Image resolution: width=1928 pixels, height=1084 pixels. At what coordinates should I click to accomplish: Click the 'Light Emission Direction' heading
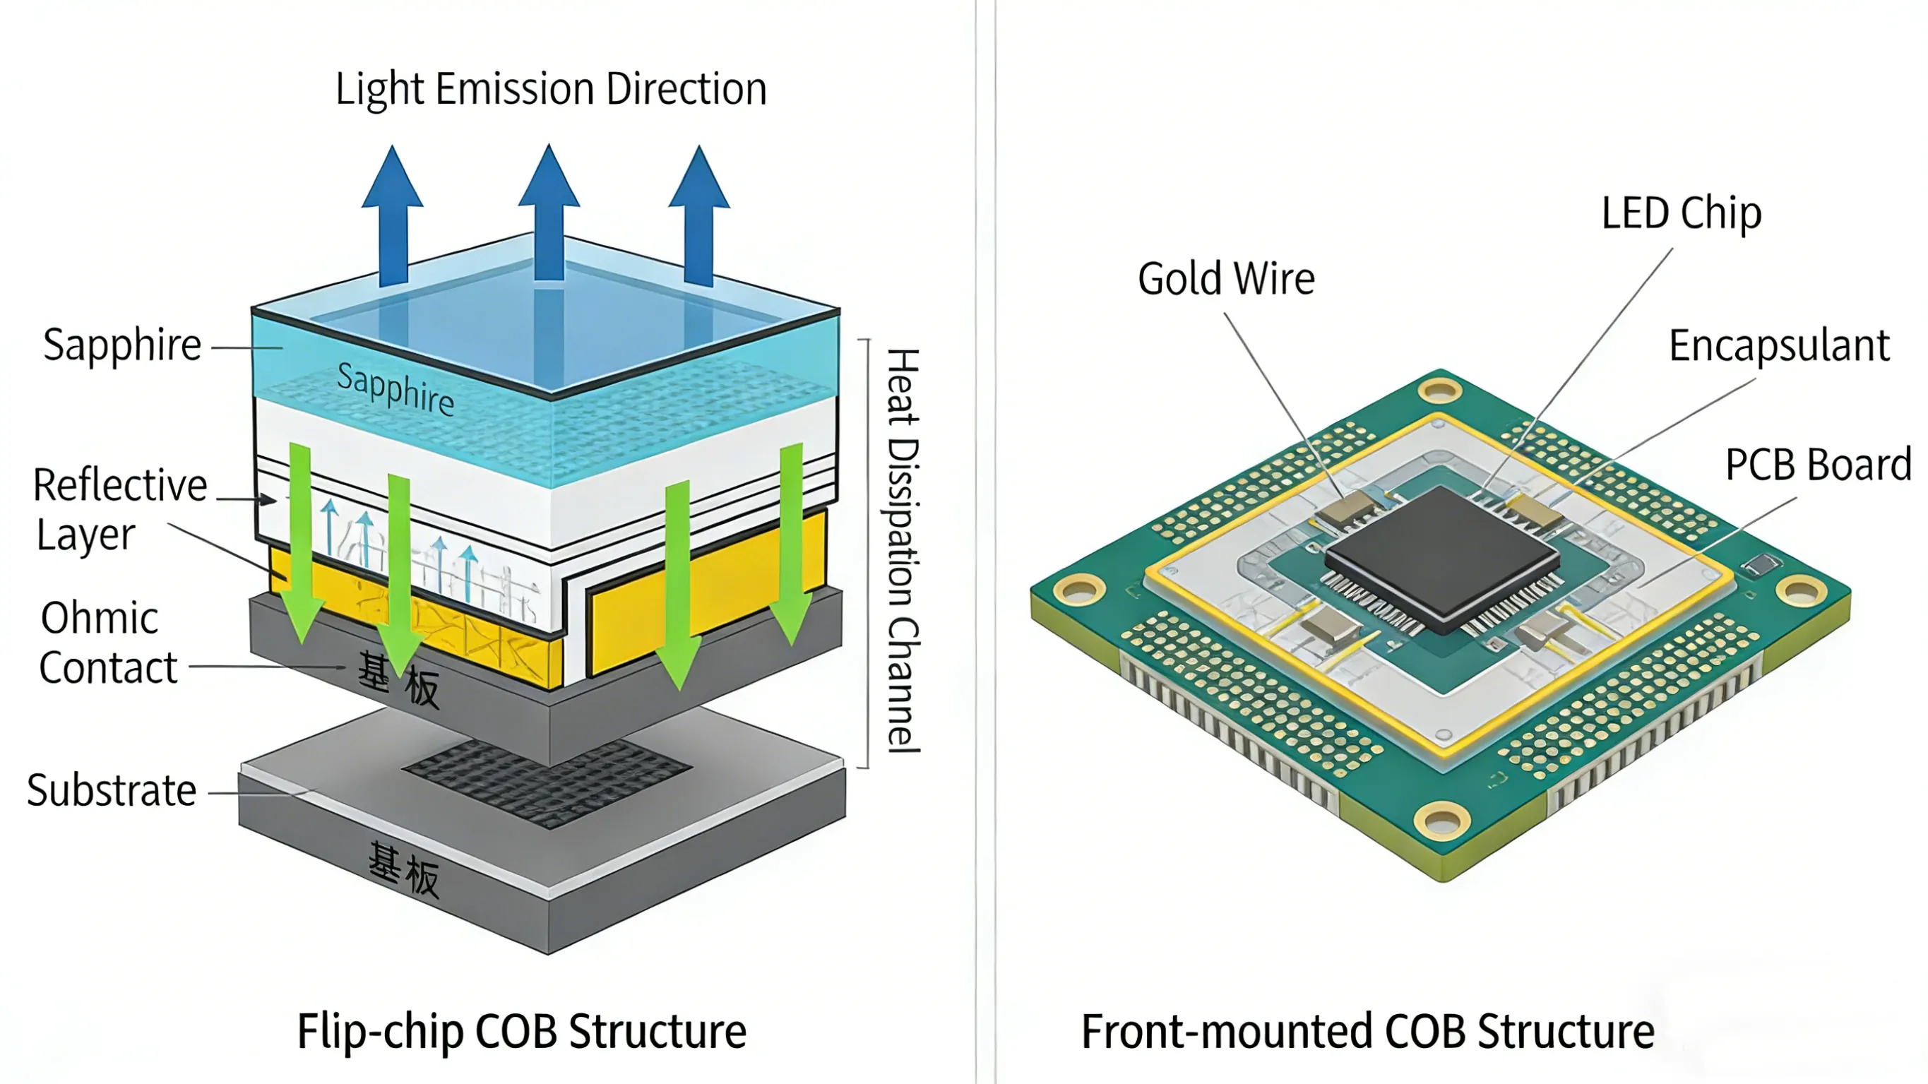coord(551,89)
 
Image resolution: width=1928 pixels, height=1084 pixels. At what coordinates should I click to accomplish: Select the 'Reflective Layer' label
coord(120,509)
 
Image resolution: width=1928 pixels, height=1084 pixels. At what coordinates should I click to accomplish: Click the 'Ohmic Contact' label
coord(108,643)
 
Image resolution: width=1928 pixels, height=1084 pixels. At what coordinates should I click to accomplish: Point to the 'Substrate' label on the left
coord(112,790)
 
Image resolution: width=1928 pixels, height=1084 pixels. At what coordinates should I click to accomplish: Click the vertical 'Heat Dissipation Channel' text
coord(903,550)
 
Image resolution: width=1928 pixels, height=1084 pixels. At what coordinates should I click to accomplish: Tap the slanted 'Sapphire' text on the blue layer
coord(395,388)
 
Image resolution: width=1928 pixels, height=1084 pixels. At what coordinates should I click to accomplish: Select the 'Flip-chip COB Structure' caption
coord(522,1031)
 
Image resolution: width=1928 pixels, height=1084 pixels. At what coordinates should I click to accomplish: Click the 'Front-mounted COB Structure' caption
coord(1367,1031)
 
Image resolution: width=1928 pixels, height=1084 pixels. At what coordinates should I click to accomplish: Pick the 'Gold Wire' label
coord(1226,279)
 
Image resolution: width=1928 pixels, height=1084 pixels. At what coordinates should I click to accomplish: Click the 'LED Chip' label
coord(1681,213)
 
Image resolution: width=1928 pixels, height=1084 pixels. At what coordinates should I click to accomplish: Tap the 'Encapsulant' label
coord(1778,346)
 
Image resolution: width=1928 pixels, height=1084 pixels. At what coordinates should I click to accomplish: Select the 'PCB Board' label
coord(1818,465)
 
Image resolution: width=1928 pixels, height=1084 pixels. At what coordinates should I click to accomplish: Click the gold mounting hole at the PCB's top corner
coord(1439,390)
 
